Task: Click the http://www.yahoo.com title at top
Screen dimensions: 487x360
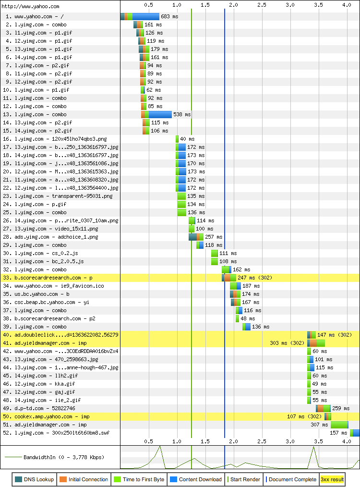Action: click(31, 6)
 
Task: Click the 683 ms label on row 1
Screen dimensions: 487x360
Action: click(169, 16)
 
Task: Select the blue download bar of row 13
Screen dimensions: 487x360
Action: click(160, 114)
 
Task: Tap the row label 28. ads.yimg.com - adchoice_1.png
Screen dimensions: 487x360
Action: click(53, 237)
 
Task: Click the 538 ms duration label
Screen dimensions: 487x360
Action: click(181, 114)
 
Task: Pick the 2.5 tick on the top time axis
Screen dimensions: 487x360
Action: click(262, 5)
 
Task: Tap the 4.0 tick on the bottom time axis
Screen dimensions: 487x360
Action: click(347, 441)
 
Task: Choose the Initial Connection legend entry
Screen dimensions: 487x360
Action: click(84, 479)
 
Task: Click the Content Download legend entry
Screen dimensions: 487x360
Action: click(196, 479)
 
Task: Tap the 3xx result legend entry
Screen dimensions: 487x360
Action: click(332, 479)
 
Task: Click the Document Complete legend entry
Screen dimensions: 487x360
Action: click(289, 479)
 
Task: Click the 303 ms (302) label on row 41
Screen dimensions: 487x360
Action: click(287, 343)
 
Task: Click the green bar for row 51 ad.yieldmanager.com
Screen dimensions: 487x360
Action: click(339, 425)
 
